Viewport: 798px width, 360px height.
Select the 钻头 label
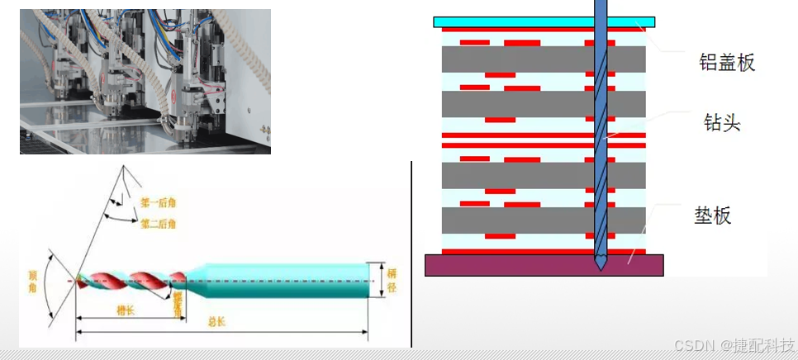pyautogui.click(x=718, y=124)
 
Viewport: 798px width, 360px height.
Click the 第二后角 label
pyautogui.click(x=156, y=223)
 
